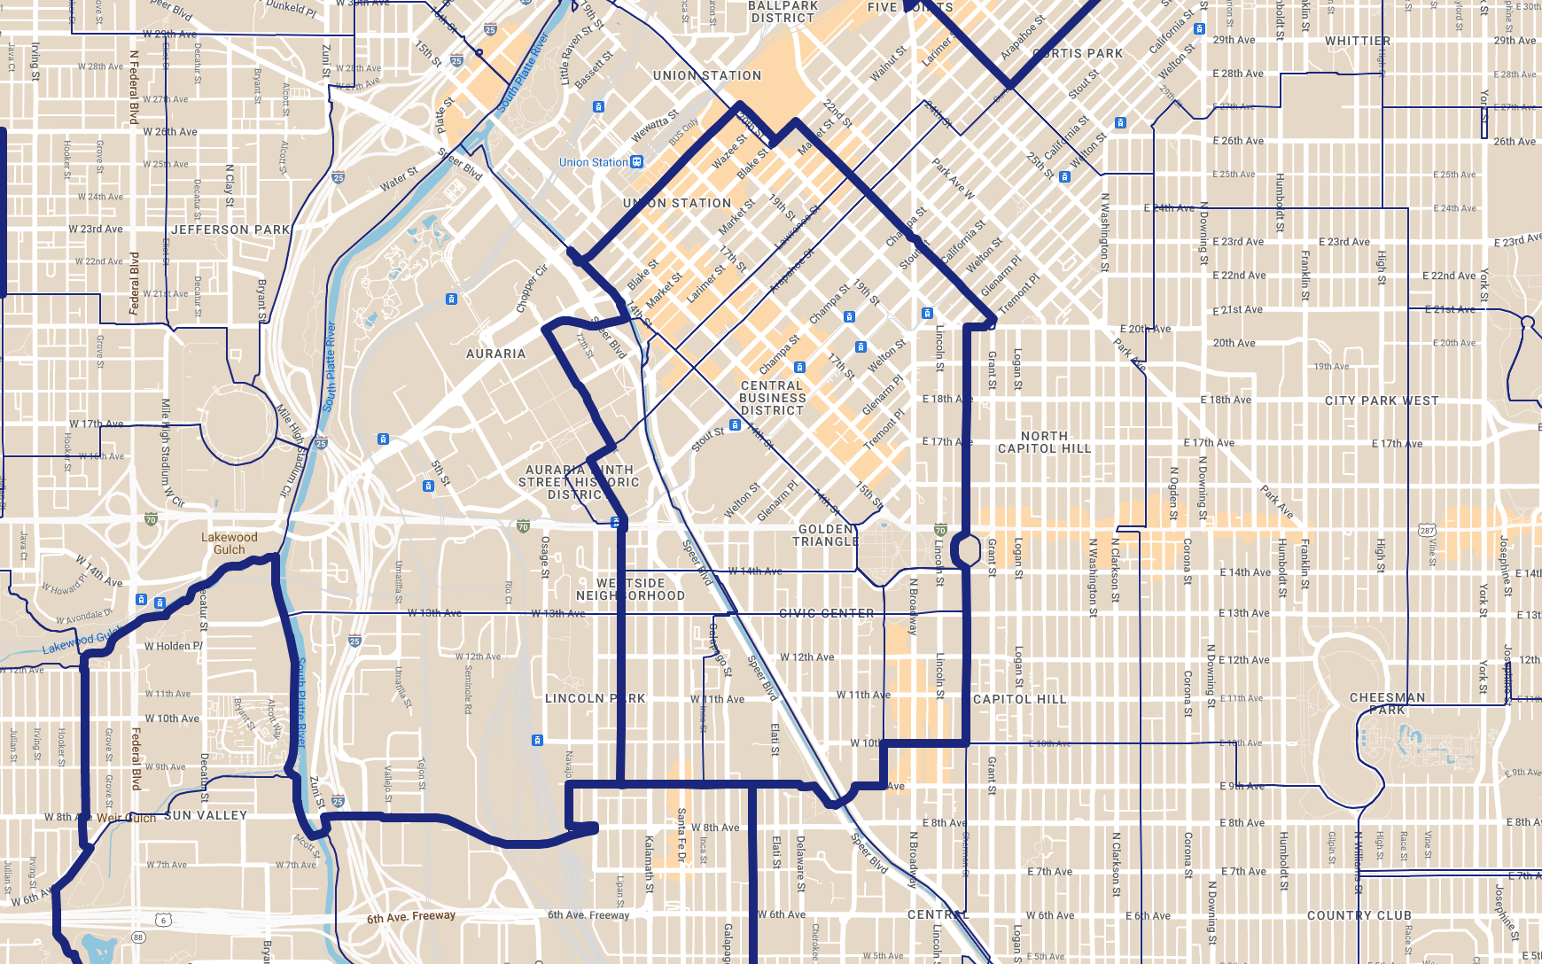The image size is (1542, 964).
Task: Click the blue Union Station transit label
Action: point(593,162)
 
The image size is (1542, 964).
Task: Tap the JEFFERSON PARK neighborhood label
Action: point(230,229)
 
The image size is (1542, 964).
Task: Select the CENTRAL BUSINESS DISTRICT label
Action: point(773,398)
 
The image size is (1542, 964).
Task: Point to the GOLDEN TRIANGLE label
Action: point(826,535)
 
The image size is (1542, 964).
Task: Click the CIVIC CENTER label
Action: point(826,613)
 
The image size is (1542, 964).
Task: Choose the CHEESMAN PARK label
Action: point(1387,704)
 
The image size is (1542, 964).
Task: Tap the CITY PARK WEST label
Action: point(1382,400)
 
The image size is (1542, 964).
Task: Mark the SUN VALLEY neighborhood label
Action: point(206,815)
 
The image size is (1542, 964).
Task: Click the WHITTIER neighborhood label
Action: point(1358,41)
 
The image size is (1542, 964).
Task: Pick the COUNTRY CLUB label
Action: point(1359,915)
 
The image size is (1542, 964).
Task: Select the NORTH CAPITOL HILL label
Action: point(1044,442)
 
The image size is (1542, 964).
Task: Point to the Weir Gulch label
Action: point(126,818)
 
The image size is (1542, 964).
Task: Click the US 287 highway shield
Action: point(1426,531)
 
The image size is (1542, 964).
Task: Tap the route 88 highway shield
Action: point(138,937)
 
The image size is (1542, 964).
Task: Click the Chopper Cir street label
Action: point(532,289)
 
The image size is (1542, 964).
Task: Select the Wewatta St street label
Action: point(655,125)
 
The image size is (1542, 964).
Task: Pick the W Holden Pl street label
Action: point(174,646)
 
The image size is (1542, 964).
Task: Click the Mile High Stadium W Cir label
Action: point(170,452)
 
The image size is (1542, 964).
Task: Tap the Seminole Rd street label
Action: point(468,688)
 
